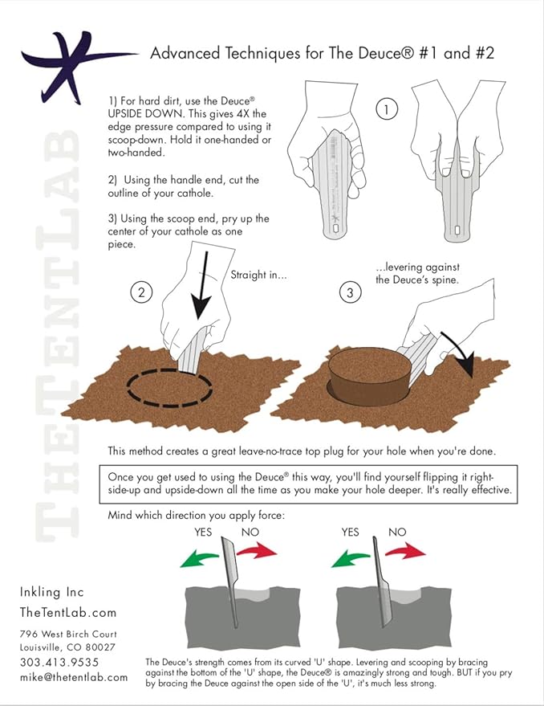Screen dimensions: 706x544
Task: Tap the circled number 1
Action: point(387,109)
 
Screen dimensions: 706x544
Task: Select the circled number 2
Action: point(141,293)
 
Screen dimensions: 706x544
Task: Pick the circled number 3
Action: point(350,293)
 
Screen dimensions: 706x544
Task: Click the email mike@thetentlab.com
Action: point(74,677)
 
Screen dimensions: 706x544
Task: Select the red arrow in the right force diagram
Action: point(404,552)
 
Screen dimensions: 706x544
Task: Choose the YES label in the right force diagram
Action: point(351,532)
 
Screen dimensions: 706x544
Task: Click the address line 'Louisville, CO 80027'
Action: point(67,647)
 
